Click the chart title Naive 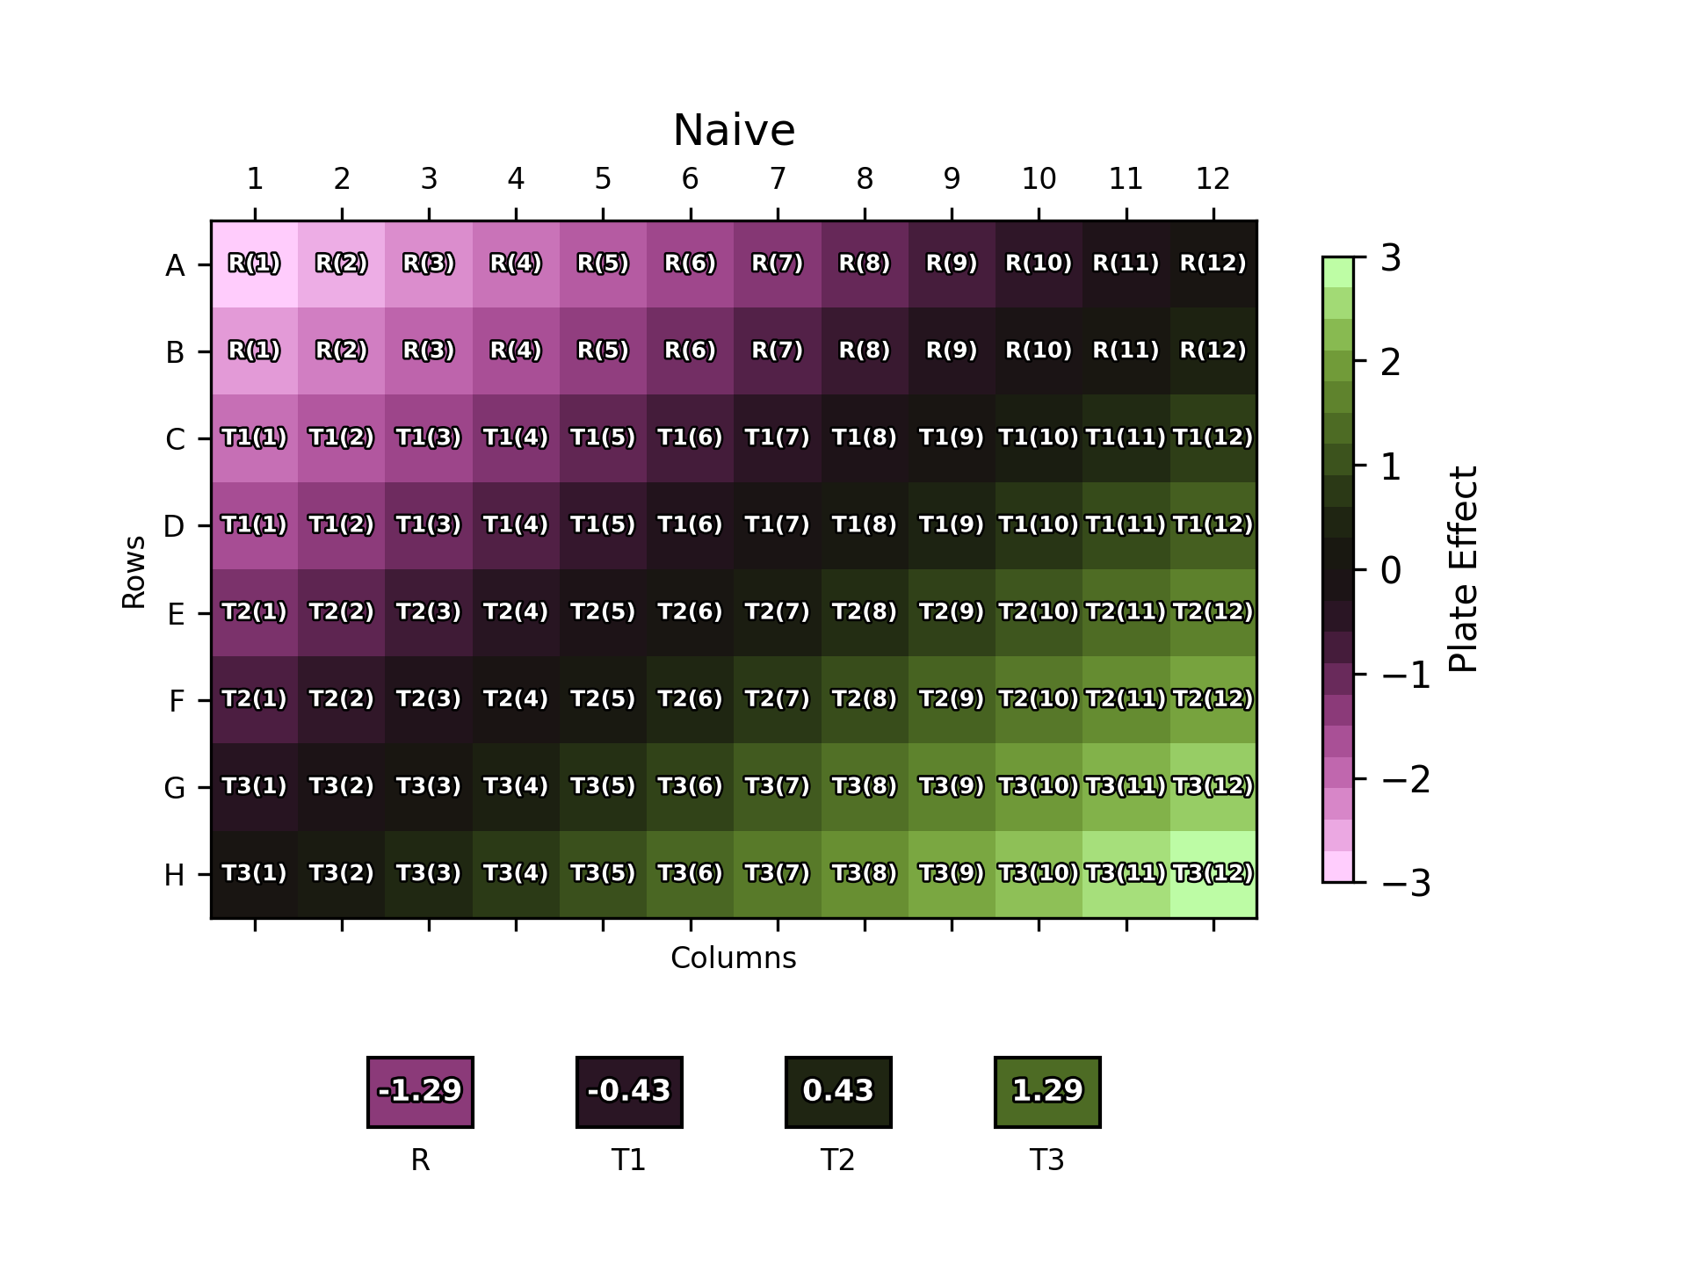[734, 131]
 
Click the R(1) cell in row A [255, 264]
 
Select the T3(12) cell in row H [1213, 874]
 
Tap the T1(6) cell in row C [691, 438]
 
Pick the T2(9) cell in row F [952, 700]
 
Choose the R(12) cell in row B [1213, 351]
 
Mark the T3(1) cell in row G [255, 787]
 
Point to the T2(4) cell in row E [516, 613]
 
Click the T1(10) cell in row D [1039, 525]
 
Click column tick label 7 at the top [778, 179]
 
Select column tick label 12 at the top [1213, 179]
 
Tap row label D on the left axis [174, 526]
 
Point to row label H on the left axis [174, 875]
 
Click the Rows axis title [134, 572]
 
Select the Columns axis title [734, 958]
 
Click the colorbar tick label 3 [1391, 258]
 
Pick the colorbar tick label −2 [1406, 779]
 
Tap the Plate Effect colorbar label [1463, 569]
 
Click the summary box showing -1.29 [420, 1091]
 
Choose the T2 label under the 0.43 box [838, 1160]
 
